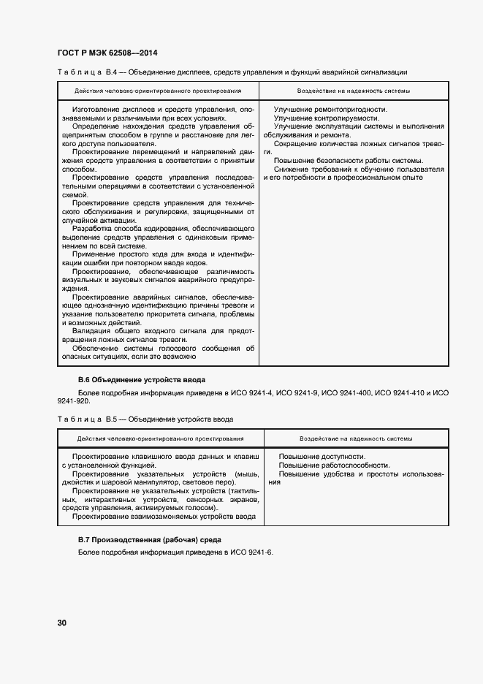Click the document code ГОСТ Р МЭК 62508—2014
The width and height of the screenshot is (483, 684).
107,53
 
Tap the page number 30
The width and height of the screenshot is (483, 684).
62,623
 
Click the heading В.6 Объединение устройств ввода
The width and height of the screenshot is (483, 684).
142,380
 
